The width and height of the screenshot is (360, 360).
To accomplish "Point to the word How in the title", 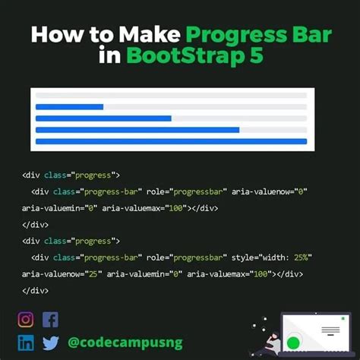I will [x=54, y=36].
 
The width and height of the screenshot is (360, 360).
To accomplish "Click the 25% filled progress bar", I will [x=70, y=107].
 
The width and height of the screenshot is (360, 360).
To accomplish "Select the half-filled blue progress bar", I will [x=103, y=118].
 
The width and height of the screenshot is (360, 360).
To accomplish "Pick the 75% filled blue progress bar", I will [x=137, y=130].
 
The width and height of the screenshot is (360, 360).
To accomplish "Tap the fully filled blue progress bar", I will [x=171, y=141].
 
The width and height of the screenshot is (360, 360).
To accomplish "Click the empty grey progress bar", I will [x=171, y=96].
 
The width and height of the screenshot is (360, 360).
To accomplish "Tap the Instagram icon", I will [x=26, y=320].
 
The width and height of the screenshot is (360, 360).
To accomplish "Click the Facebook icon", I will [x=50, y=320].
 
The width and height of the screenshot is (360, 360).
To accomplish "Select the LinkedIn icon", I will [x=26, y=343].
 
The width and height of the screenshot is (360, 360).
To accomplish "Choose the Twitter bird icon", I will [x=50, y=343].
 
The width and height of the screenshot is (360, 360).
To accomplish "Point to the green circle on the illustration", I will [x=293, y=343].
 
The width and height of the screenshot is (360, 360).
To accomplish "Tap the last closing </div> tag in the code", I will [x=35, y=291].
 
